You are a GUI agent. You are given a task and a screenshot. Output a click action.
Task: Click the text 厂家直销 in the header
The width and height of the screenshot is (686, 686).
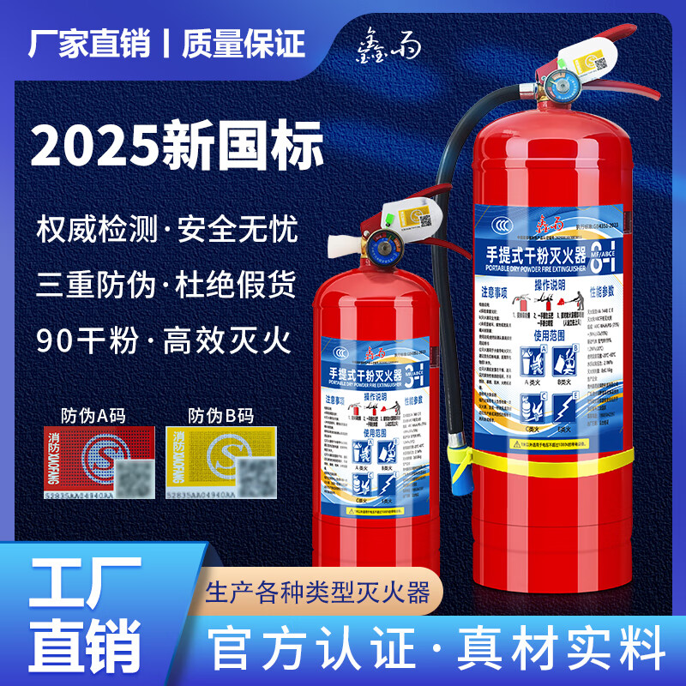88,43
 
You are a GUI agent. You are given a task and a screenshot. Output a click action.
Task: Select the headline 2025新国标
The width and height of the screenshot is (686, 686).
178,145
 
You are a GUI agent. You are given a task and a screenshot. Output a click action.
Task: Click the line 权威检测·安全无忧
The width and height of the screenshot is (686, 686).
167,230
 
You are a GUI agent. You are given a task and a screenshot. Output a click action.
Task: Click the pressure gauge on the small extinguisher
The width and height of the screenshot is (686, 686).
380,247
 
